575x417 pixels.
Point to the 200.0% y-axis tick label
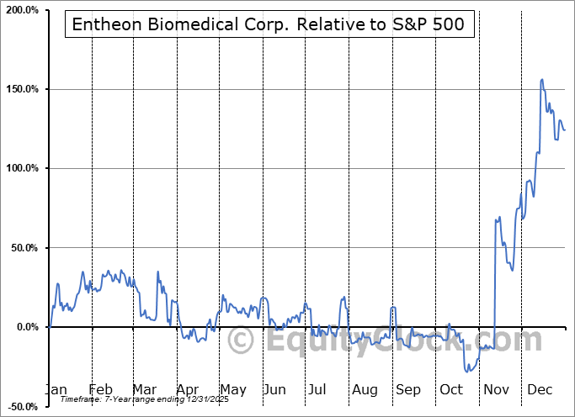pos(22,10)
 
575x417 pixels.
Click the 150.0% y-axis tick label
pos(22,89)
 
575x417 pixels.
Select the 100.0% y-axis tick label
pos(22,168)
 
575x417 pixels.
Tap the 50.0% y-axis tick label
pos(24,248)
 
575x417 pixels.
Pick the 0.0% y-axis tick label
pos(26,327)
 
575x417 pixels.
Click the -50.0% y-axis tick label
pos(22,407)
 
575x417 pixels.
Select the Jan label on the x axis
pos(55,389)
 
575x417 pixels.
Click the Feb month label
pos(100,389)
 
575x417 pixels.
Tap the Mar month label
pos(144,389)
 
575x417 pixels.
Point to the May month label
pos(232,389)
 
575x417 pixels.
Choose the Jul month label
pos(317,389)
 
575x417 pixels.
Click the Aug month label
pos(365,389)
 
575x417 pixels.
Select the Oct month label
pos(452,389)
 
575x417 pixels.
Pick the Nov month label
pos(497,389)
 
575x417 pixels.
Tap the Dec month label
pos(539,389)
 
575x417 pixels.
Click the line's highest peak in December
pos(541,80)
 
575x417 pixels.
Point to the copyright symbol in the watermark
pos(242,340)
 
